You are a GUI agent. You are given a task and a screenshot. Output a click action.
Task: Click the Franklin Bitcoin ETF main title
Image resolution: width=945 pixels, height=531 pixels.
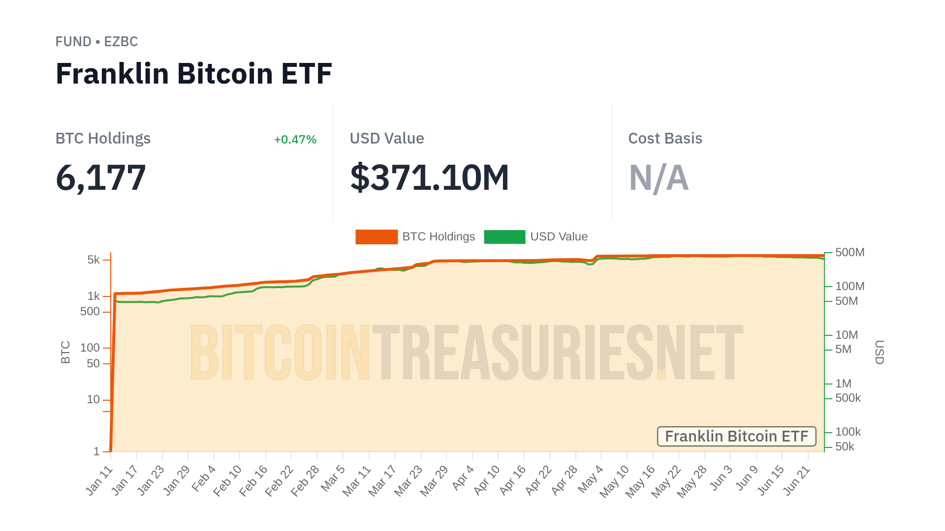tap(193, 74)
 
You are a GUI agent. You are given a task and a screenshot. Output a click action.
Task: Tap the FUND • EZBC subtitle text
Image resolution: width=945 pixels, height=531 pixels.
tap(96, 42)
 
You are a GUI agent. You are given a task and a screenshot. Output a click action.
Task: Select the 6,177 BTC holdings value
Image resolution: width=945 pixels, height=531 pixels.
tap(101, 177)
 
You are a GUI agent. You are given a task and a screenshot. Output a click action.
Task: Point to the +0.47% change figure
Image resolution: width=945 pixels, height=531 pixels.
tap(295, 140)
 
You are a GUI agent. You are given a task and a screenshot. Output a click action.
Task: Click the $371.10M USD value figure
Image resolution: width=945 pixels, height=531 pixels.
tap(429, 177)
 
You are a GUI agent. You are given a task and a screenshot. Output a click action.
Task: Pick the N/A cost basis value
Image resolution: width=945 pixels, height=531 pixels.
tap(659, 177)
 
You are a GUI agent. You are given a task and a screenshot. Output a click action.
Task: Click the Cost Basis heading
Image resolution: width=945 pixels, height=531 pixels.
tap(665, 139)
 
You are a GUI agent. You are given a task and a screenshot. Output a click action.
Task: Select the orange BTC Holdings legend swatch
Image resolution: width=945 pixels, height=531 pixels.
tap(377, 236)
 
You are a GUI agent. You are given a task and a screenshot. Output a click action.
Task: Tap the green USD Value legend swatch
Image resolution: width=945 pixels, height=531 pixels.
tap(504, 236)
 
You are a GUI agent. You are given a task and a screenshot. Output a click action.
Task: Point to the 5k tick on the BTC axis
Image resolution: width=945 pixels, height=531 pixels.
tap(94, 260)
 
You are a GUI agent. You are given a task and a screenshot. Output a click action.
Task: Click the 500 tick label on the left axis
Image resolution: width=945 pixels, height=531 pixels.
tap(90, 312)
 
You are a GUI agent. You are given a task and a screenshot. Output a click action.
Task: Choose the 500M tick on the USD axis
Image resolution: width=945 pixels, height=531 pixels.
tap(850, 253)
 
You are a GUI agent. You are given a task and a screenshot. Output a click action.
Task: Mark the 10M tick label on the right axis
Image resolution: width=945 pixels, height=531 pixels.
tap(847, 335)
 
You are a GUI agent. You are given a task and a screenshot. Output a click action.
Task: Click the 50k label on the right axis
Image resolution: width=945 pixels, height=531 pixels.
tap(845, 447)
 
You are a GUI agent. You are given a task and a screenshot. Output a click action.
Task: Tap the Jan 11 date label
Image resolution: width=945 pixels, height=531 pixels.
tap(100, 480)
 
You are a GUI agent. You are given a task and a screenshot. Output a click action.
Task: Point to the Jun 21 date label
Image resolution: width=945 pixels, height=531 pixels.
tap(796, 480)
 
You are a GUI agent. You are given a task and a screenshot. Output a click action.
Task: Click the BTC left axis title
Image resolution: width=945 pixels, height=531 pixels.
tap(65, 352)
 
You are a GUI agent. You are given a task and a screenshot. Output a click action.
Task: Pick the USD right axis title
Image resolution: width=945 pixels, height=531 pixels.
tap(880, 352)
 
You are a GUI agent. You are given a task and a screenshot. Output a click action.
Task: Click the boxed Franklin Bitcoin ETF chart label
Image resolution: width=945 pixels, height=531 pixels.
tap(736, 437)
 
